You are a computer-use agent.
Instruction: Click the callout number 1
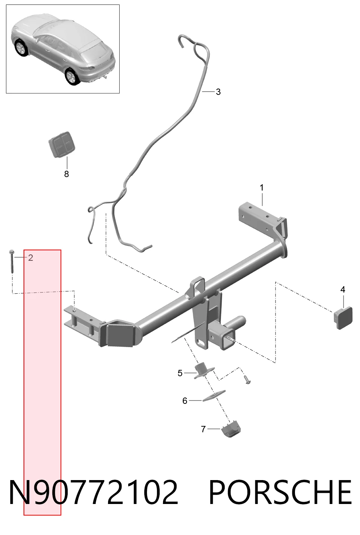pyautogui.click(x=262, y=188)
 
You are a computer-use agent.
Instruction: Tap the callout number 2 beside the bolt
pyautogui.click(x=31, y=258)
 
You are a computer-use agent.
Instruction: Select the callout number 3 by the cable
pyautogui.click(x=218, y=92)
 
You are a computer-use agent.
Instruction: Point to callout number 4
pyautogui.click(x=343, y=290)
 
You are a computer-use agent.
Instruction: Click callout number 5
pyautogui.click(x=180, y=373)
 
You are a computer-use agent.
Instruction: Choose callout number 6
pyautogui.click(x=185, y=401)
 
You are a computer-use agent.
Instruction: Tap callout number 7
pyautogui.click(x=203, y=429)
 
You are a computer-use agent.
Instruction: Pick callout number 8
pyautogui.click(x=67, y=174)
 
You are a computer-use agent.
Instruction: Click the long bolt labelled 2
pyautogui.click(x=12, y=261)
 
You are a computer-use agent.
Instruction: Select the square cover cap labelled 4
pyautogui.click(x=343, y=318)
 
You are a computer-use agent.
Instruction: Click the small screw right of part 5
pyautogui.click(x=247, y=380)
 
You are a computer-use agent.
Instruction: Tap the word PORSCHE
pyautogui.click(x=280, y=493)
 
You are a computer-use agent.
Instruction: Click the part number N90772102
pyautogui.click(x=93, y=493)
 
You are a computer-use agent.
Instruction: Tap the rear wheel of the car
pyautogui.click(x=73, y=77)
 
